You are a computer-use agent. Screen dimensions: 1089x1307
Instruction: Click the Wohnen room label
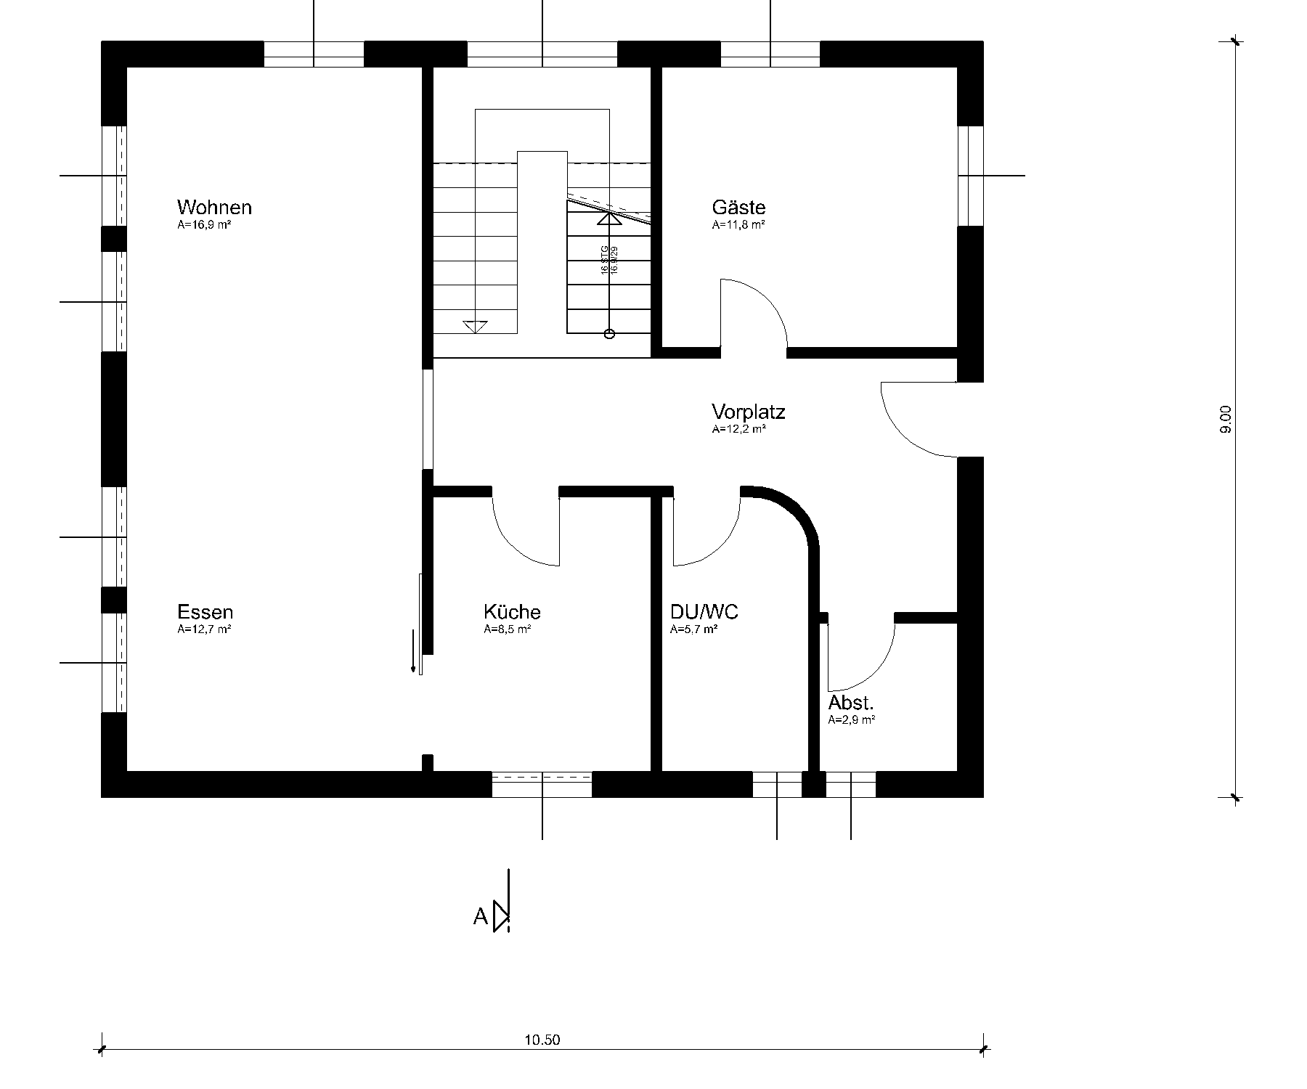pos(214,207)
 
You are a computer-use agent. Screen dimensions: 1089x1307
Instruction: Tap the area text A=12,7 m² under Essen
pos(204,629)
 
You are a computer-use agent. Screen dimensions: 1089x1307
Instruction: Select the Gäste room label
pos(738,207)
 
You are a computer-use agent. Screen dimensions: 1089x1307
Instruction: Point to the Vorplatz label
pos(748,412)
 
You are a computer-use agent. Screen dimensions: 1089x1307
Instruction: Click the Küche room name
pos(512,612)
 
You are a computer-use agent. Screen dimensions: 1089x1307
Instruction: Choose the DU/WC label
pos(704,612)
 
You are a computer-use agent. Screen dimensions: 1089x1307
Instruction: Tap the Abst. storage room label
pos(851,703)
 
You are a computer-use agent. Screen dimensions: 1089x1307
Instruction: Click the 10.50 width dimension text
pos(542,1040)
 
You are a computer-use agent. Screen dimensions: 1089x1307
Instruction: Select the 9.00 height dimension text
pos(1226,420)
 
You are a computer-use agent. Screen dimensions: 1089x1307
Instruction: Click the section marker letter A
pos(480,918)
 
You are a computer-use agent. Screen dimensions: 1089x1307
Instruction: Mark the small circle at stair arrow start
pos(609,334)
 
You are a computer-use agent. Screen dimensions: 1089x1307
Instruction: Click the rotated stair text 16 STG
pos(604,259)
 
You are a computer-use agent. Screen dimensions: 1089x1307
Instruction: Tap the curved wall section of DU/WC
pos(799,512)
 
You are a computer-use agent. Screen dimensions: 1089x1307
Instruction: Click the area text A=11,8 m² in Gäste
pos(738,225)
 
